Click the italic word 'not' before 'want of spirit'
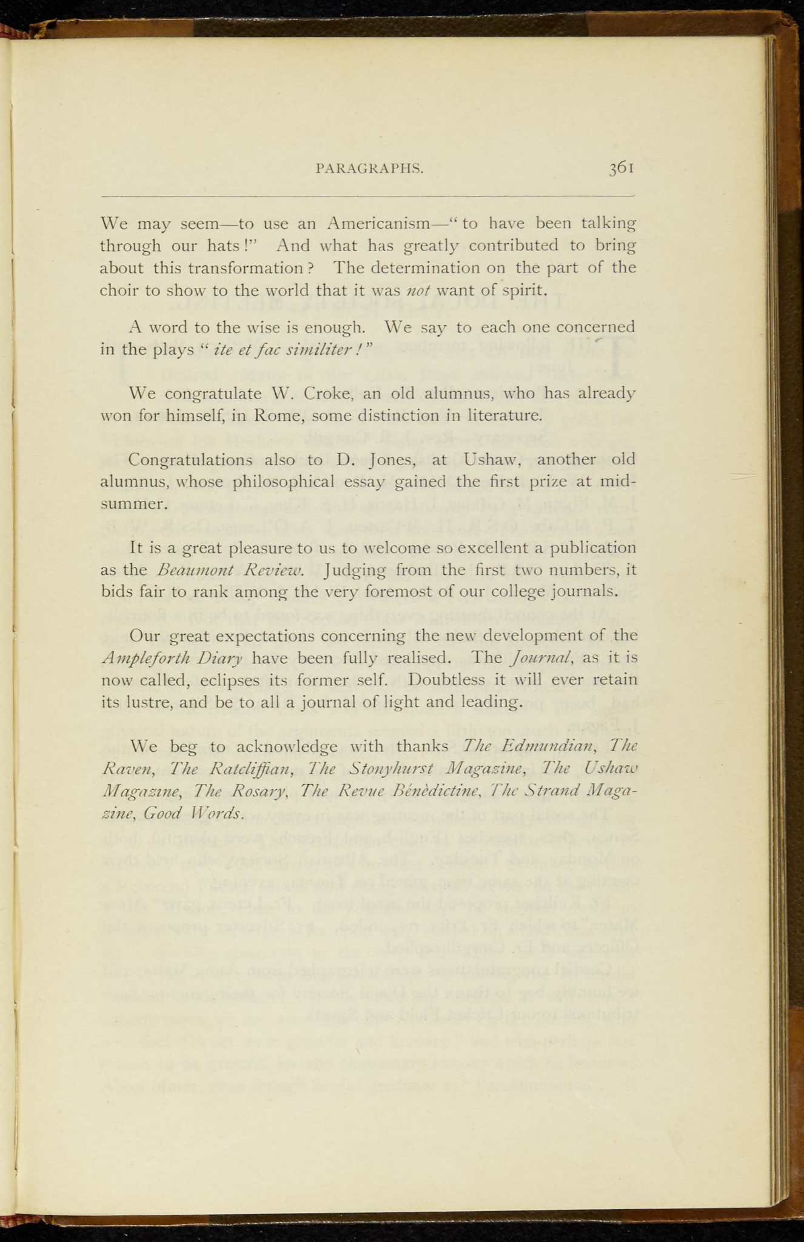(x=418, y=290)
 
